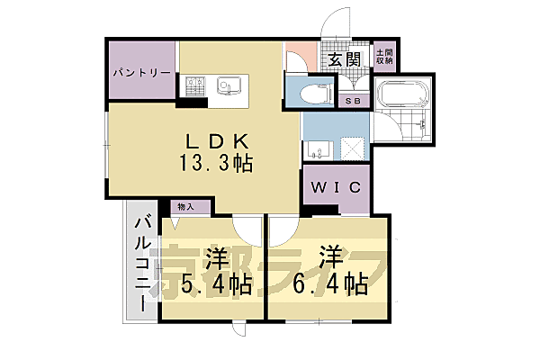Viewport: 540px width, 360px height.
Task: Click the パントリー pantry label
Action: (x=141, y=72)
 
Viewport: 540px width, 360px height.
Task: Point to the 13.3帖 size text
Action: (x=218, y=164)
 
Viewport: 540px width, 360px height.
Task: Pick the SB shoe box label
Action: (x=353, y=101)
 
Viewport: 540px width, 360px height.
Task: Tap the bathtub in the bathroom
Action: (x=403, y=94)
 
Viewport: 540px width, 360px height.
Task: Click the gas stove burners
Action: (x=197, y=86)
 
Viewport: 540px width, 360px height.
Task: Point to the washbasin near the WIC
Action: (x=315, y=148)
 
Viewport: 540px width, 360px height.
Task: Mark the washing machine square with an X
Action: (x=351, y=149)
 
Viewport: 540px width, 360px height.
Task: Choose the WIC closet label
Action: (x=337, y=187)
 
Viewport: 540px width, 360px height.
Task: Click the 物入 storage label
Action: (x=185, y=207)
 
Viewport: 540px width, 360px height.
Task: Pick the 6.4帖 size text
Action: (x=330, y=284)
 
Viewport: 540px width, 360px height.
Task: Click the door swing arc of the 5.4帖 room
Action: (x=245, y=229)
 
